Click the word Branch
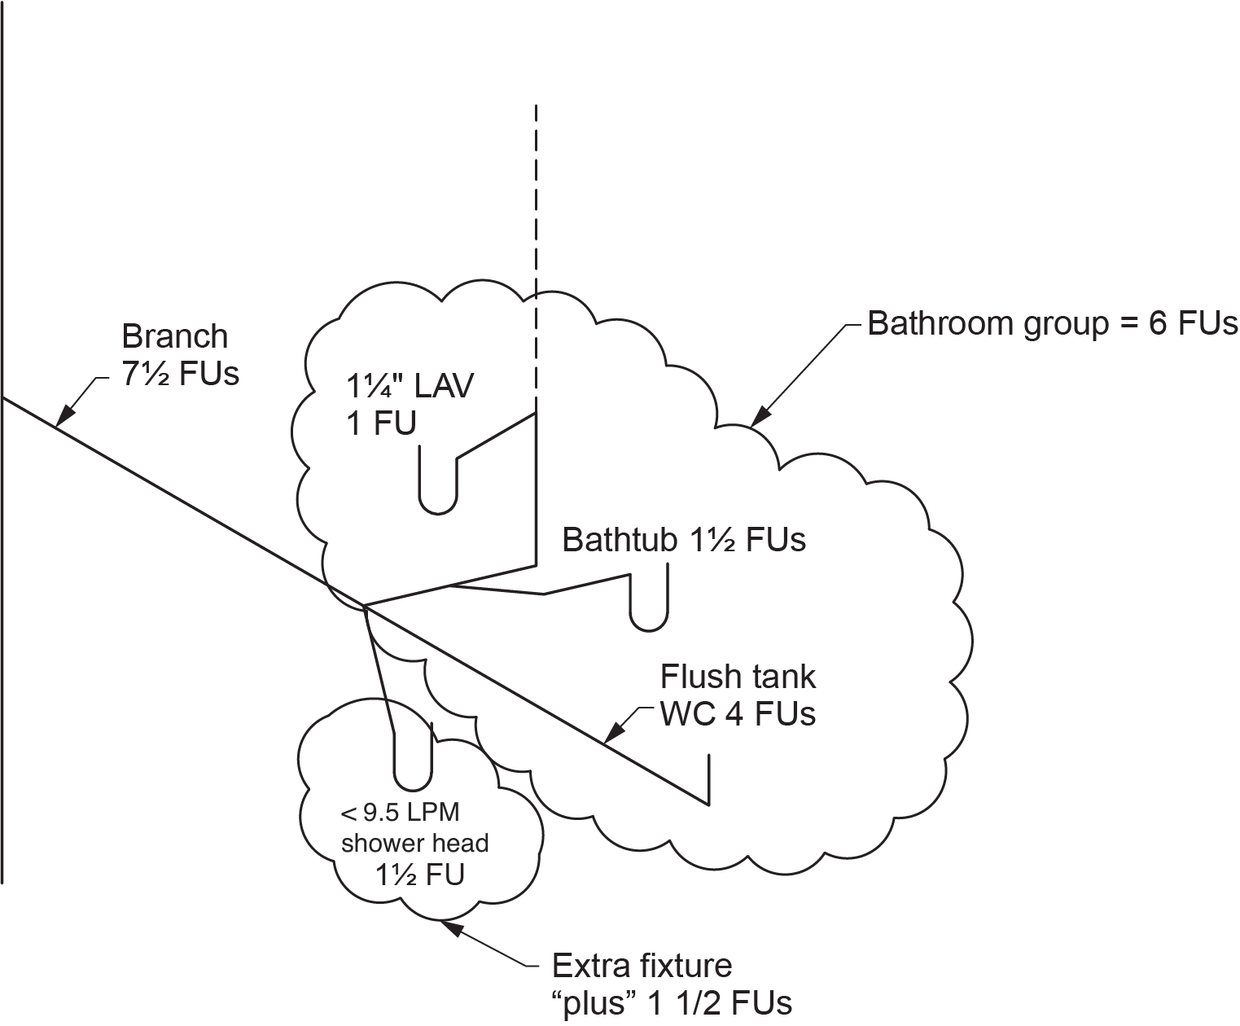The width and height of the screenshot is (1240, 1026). click(174, 336)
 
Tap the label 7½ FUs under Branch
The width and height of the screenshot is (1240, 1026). click(181, 375)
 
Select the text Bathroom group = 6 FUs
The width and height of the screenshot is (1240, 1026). click(1052, 324)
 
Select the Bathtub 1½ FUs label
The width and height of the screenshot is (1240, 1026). click(684, 540)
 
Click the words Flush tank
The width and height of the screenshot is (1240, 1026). click(738, 677)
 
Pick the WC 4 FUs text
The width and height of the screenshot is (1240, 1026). click(738, 714)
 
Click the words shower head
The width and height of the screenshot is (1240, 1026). click(414, 843)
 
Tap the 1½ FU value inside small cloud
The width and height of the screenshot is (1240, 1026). click(419, 875)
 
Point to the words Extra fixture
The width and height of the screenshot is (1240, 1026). click(642, 966)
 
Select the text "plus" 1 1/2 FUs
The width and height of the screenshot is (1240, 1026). click(672, 1003)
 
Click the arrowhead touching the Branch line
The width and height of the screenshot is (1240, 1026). click(65, 417)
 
